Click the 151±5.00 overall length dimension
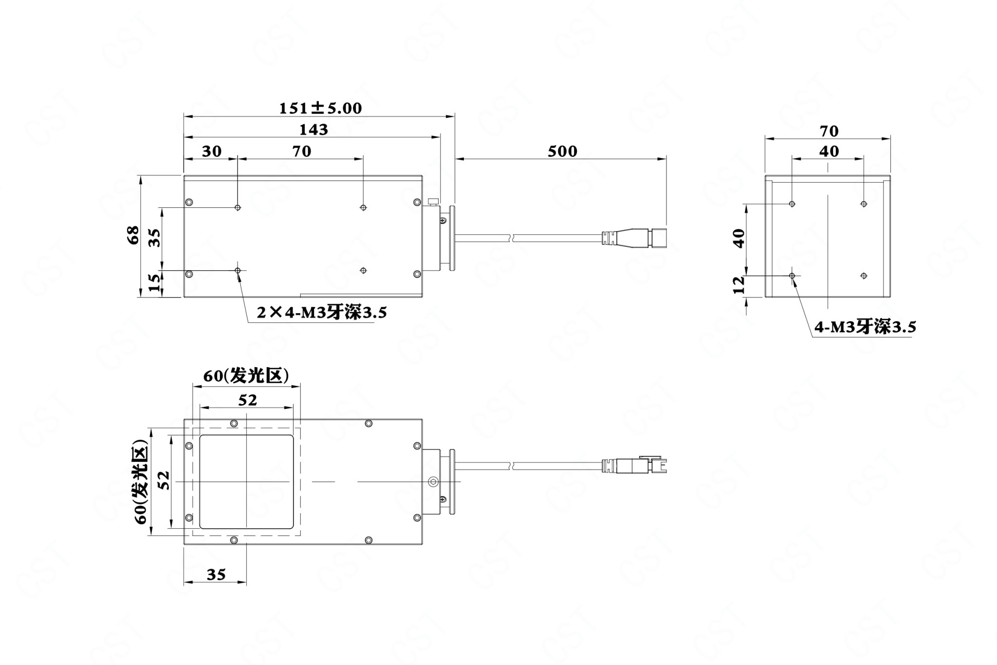[320, 108]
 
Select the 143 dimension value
[314, 129]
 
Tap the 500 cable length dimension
[562, 151]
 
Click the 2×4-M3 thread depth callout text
[322, 312]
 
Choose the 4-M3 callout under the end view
[865, 327]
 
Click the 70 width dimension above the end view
[829, 131]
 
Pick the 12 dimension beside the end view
[739, 285]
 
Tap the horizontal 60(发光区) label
[246, 376]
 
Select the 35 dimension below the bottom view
[216, 575]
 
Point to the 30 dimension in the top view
[212, 151]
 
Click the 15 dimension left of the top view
[154, 283]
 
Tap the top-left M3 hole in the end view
[792, 203]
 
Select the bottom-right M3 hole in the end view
[864, 276]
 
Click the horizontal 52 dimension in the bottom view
[247, 400]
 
